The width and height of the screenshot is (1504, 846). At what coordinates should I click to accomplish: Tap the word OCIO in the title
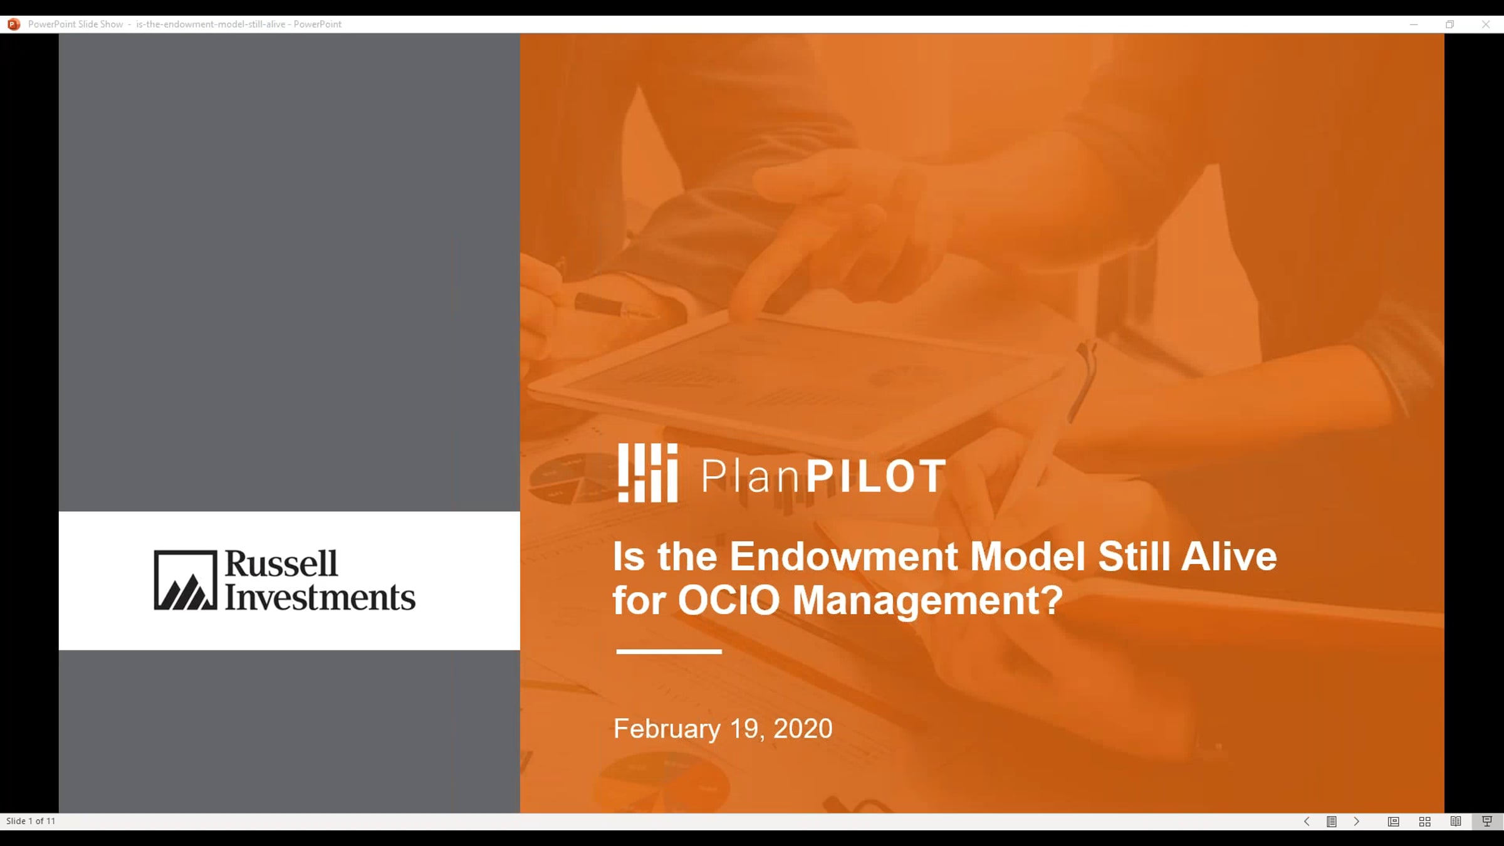tap(729, 600)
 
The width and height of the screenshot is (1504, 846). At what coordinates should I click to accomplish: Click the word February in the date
tap(667, 729)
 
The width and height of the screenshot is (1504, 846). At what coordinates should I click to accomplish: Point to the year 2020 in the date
tap(803, 729)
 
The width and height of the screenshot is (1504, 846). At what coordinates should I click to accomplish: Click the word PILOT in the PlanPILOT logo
tap(875, 476)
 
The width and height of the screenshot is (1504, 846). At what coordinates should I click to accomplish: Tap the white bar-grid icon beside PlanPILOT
tap(647, 473)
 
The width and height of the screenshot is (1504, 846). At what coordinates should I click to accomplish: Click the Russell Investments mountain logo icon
tap(185, 580)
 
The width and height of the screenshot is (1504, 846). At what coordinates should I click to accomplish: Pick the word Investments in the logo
tap(320, 597)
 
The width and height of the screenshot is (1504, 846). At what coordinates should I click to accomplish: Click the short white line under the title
tap(669, 652)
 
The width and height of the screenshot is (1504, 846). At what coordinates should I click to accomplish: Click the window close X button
tap(1486, 24)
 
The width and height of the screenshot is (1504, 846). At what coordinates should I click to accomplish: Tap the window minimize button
tap(1414, 24)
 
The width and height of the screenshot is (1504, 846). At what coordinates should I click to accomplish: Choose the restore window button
tap(1450, 24)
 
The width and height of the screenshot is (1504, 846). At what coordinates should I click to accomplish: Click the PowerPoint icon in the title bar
tap(14, 24)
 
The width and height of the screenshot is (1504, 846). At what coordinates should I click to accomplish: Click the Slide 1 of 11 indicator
tap(31, 821)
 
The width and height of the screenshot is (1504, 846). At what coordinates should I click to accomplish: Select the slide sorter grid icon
tap(1424, 822)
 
